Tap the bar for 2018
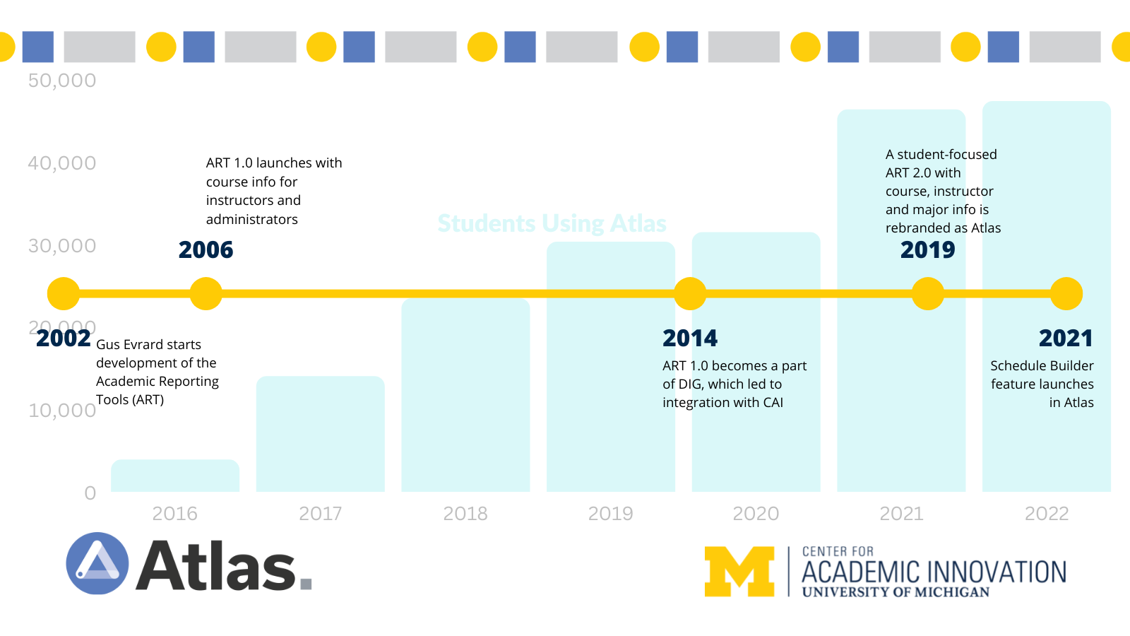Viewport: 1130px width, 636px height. tap(465, 396)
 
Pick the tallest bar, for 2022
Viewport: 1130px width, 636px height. tap(1046, 212)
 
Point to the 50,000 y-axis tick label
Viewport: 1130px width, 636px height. tap(62, 81)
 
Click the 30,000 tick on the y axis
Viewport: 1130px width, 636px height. tap(62, 246)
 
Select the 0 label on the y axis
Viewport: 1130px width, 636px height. tap(90, 493)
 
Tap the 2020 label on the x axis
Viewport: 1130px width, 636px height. tap(756, 514)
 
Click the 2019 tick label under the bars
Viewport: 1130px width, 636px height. tap(610, 514)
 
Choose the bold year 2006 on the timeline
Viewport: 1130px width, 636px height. tap(206, 250)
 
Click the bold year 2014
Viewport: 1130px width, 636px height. tap(690, 338)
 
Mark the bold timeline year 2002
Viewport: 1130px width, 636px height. tap(64, 338)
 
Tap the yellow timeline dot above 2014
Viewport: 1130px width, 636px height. tap(690, 293)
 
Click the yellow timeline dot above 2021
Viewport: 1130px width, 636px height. tap(1066, 293)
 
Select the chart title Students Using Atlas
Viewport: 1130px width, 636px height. tap(552, 223)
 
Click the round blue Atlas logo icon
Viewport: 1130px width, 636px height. tap(97, 563)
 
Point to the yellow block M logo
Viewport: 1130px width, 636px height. tap(739, 571)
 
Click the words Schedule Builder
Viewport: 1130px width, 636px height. tap(1042, 366)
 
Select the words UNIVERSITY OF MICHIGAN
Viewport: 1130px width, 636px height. tap(896, 592)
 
